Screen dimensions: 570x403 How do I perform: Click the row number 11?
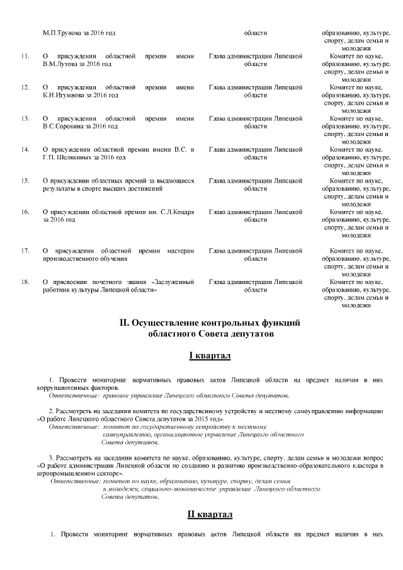point(26,57)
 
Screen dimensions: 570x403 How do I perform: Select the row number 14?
point(26,150)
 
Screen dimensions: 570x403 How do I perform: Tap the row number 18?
point(26,282)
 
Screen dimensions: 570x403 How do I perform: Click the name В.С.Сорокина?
point(64,127)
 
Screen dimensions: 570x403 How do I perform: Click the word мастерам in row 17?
point(178,251)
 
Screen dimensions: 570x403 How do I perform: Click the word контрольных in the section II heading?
point(222,323)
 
